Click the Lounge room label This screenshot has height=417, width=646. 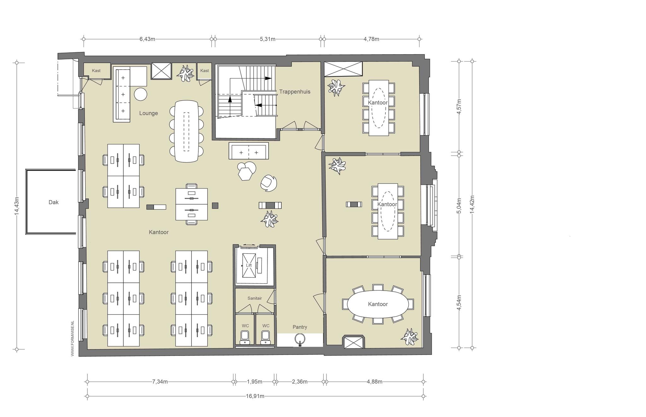click(x=149, y=113)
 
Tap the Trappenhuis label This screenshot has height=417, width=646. click(x=295, y=92)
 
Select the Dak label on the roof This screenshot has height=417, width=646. click(x=54, y=202)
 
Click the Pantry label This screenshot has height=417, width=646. click(x=300, y=327)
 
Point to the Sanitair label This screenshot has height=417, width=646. click(x=255, y=298)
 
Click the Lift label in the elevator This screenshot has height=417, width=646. click(x=249, y=265)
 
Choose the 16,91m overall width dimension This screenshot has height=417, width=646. click(x=255, y=396)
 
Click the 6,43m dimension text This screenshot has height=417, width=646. click(x=147, y=39)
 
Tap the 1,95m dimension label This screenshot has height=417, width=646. click(x=255, y=382)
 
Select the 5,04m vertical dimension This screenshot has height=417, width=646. click(x=459, y=206)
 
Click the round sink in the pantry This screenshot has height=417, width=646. click(x=300, y=339)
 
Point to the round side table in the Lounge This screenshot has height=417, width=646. click(x=141, y=94)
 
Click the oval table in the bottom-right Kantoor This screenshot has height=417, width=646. click(x=378, y=304)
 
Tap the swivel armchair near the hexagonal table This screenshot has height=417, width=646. click(x=269, y=183)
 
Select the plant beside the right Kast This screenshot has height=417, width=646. click(x=185, y=73)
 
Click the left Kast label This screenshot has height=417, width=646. click(x=96, y=71)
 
